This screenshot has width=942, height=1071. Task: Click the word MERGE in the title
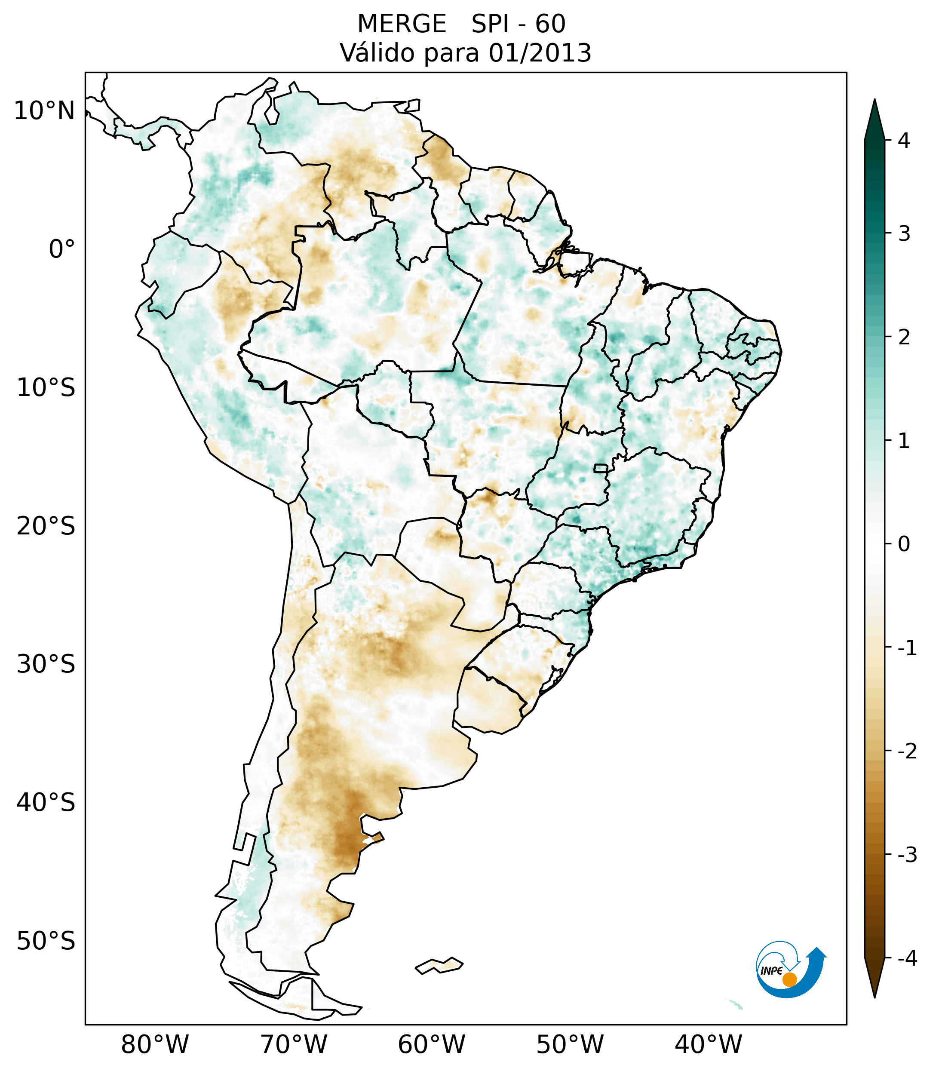[402, 24]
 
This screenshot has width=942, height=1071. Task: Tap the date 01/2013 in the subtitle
[540, 53]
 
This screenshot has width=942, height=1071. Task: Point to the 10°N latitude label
[45, 111]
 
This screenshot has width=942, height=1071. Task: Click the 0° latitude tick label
[62, 249]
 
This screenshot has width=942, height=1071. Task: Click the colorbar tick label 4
[904, 141]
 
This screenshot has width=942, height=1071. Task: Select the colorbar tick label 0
[904, 544]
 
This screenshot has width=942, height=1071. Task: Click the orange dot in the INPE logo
[789, 979]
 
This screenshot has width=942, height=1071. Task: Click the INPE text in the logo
[771, 971]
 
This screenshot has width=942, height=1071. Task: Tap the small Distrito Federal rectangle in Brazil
[601, 467]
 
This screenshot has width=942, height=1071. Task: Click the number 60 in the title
[550, 24]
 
